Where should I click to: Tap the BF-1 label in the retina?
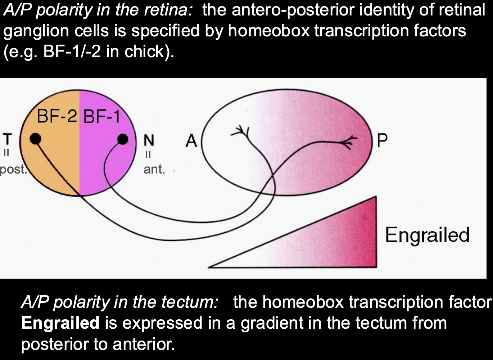point(101,117)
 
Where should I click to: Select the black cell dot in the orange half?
point(35,138)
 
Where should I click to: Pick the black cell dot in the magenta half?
point(123,139)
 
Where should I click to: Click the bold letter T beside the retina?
point(7,139)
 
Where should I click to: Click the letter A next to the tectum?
point(191,141)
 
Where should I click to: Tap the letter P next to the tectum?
point(382,141)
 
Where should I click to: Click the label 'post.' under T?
point(13,169)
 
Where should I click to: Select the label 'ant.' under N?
point(154,169)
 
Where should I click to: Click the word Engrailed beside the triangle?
point(427,235)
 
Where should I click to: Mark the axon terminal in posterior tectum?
point(349,141)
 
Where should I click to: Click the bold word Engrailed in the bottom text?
point(60,323)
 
